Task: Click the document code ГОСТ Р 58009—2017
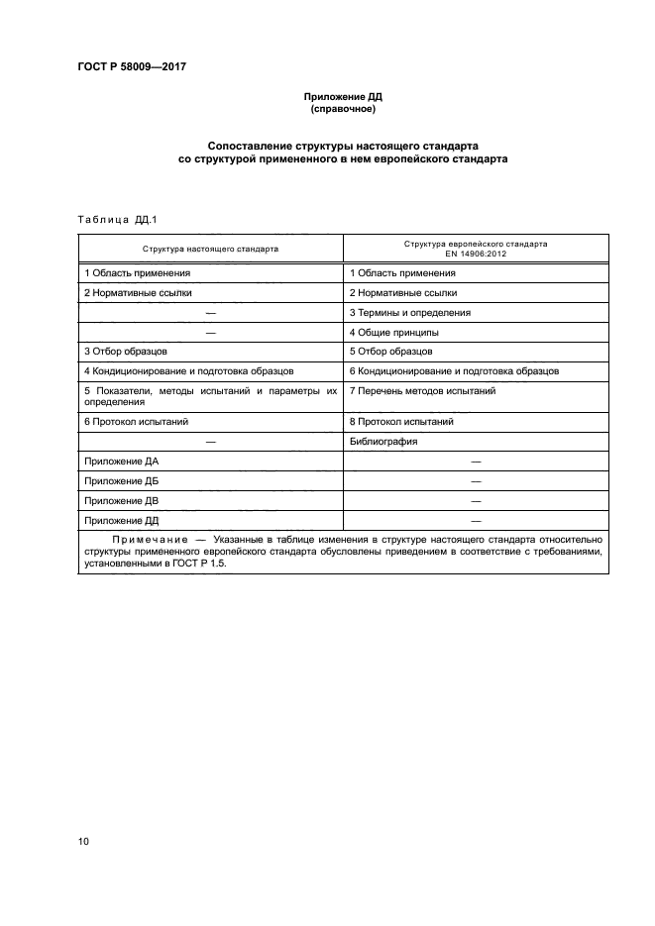click(x=131, y=67)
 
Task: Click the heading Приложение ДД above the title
click(x=342, y=97)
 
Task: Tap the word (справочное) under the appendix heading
click(x=342, y=109)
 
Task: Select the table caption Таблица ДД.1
click(x=110, y=219)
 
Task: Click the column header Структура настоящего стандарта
click(x=210, y=249)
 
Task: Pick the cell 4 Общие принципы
click(x=394, y=332)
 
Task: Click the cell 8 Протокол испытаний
click(x=401, y=422)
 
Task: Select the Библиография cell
click(x=382, y=442)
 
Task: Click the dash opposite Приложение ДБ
click(x=476, y=481)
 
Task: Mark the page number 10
click(x=83, y=842)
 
